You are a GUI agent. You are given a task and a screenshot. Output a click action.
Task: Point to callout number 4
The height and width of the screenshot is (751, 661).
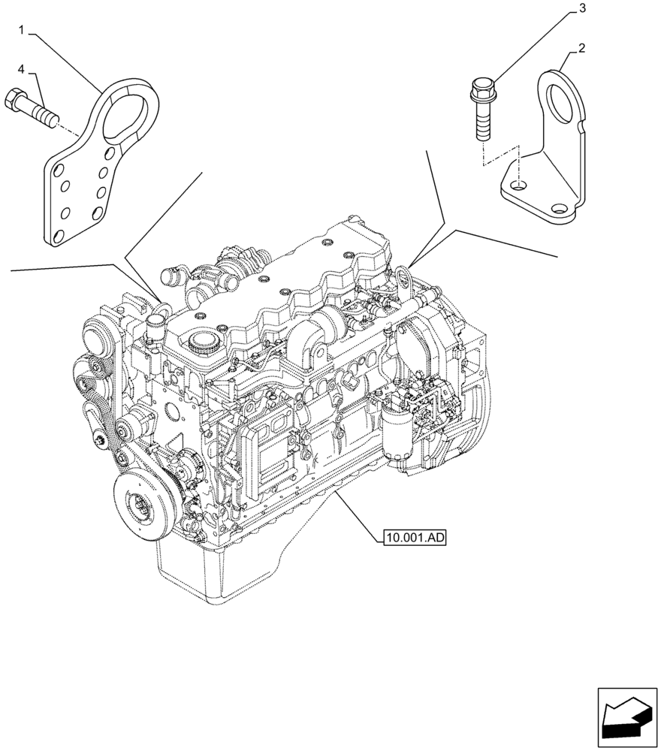click(x=21, y=69)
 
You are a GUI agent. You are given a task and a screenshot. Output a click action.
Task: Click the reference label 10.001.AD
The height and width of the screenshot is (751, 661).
click(x=415, y=537)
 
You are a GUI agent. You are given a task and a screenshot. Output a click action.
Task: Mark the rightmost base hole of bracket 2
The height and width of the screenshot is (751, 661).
click(x=558, y=210)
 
